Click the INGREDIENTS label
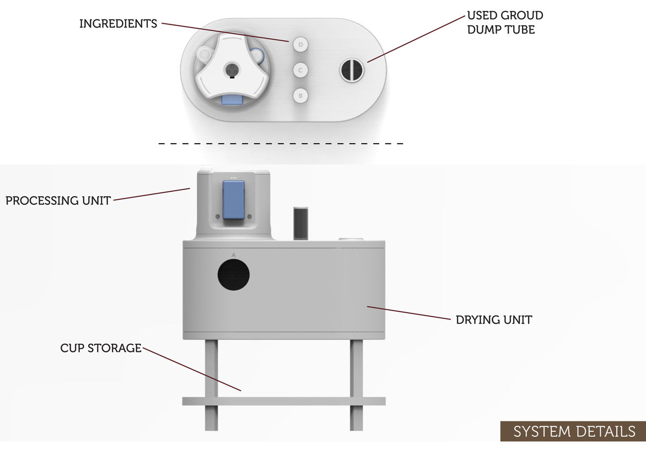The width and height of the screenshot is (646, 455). (118, 24)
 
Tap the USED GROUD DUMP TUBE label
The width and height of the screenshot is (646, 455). (504, 23)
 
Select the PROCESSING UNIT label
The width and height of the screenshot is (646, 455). (58, 201)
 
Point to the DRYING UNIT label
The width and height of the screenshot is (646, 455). (493, 319)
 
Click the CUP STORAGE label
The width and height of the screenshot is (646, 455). (101, 349)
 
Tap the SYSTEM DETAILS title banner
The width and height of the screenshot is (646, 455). (573, 431)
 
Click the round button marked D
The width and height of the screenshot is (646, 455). (300, 45)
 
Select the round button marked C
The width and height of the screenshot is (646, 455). (300, 71)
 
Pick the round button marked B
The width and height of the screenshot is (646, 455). (300, 96)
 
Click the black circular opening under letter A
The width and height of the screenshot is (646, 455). (233, 274)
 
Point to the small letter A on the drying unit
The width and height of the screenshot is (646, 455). (233, 254)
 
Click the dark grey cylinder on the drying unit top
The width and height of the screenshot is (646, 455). (299, 223)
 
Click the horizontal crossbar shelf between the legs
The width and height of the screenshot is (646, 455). (284, 401)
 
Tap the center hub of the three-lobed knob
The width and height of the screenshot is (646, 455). (232, 70)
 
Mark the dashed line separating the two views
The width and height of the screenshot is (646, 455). (281, 144)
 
